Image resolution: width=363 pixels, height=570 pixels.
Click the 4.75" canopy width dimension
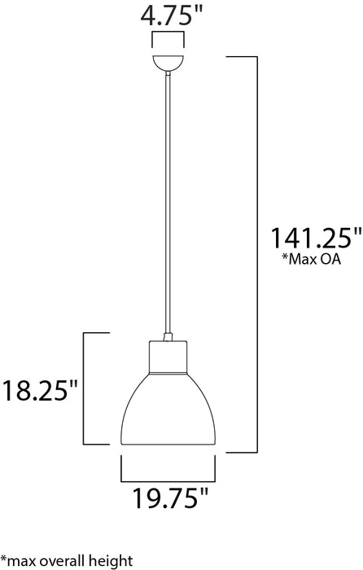coord(168,15)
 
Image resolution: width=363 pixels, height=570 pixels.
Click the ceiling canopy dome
coord(168,63)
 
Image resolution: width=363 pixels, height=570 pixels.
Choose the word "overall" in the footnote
coord(67,560)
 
